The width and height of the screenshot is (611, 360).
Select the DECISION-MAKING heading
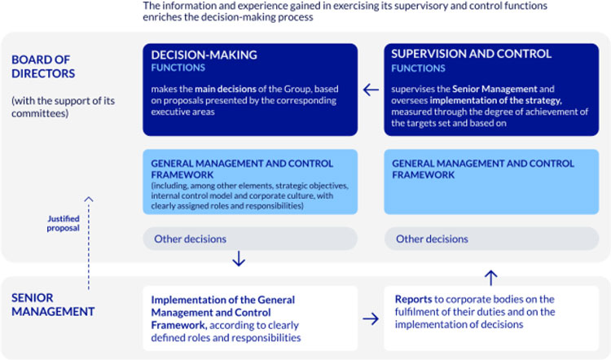pyautogui.click(x=204, y=55)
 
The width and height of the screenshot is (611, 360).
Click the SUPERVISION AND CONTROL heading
pyautogui.click(x=472, y=55)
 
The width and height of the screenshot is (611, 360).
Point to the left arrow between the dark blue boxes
pyautogui.click(x=371, y=90)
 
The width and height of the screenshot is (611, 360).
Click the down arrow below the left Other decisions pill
pyautogui.click(x=238, y=261)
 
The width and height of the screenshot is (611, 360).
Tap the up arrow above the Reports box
pyautogui.click(x=490, y=277)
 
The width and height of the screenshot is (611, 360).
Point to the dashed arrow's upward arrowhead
pyautogui.click(x=88, y=198)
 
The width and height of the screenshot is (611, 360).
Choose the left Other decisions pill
pyautogui.click(x=249, y=239)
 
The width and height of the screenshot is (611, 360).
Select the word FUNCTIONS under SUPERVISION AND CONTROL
pyautogui.click(x=418, y=68)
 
